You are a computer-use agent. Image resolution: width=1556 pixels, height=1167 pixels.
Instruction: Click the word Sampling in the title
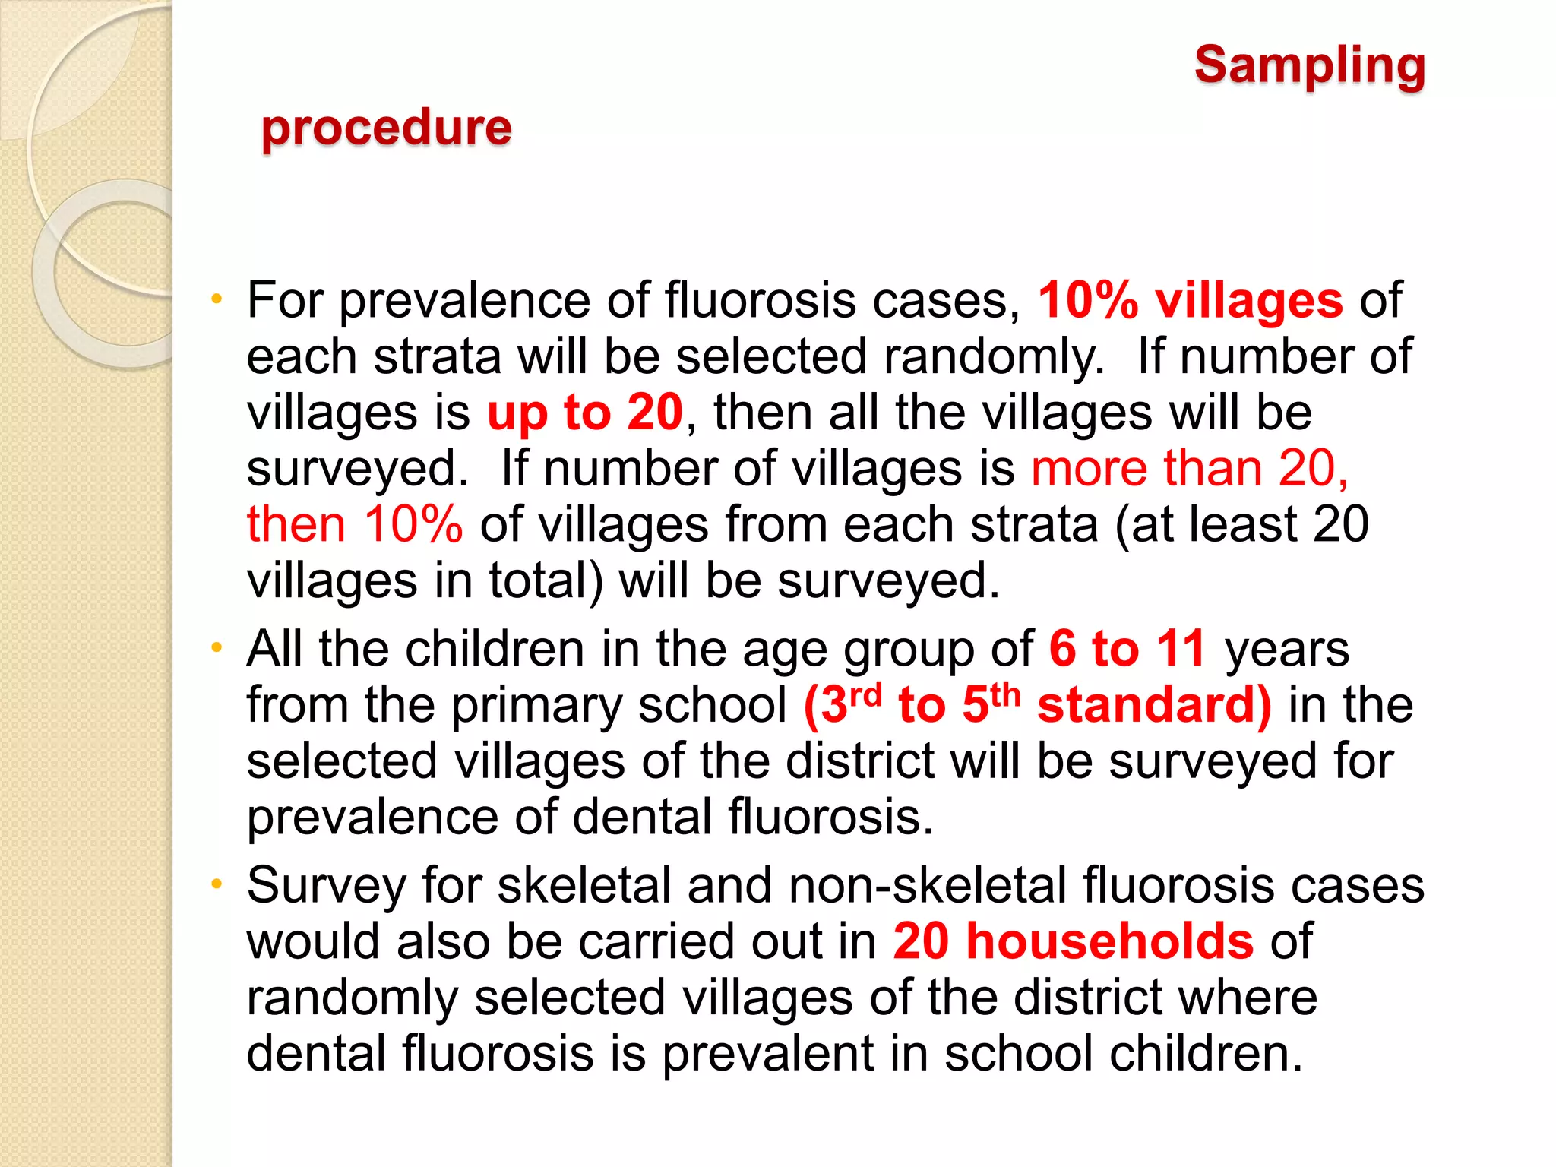coord(1309,66)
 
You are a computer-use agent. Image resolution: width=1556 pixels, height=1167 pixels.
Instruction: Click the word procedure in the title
coord(386,127)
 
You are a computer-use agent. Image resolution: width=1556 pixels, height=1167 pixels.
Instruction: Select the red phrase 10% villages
coord(1190,300)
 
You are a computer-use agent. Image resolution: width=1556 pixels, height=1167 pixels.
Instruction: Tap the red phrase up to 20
coord(584,413)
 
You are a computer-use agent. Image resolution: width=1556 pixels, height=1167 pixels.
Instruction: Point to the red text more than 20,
coord(1189,468)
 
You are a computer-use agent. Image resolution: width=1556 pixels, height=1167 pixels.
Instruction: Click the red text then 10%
coord(355,524)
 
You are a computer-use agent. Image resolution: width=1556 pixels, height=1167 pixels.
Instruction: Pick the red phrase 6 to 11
coord(1127,649)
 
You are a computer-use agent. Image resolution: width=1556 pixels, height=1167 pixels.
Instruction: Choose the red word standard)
coord(1153,705)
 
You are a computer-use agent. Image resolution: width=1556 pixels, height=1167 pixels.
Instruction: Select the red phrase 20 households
coord(1073,941)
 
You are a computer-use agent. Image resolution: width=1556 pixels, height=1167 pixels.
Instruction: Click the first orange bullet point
coord(217,299)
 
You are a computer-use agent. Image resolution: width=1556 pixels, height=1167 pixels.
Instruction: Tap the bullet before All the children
coord(217,648)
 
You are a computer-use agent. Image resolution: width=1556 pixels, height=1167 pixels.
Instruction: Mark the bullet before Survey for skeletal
coord(217,884)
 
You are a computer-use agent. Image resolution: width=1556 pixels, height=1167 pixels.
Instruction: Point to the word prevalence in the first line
coord(464,301)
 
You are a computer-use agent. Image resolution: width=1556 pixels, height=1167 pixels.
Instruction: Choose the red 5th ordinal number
coord(990,704)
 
